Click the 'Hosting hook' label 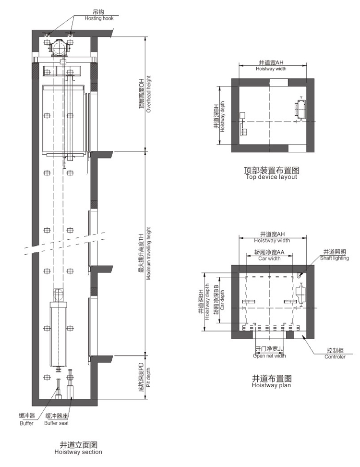click(x=99, y=18)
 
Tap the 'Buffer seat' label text click(x=56, y=423)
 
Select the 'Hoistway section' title click(x=78, y=452)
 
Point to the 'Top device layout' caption click(x=271, y=177)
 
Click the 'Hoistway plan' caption click(x=271, y=385)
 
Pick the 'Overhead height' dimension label click(x=148, y=94)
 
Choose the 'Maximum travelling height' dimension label click(x=148, y=254)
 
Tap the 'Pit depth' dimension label click(x=148, y=377)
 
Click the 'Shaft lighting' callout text click(x=335, y=258)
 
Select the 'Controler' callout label click(x=335, y=357)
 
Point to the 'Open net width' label click(x=269, y=356)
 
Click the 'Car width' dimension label click(x=269, y=258)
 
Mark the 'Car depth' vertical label click(x=222, y=300)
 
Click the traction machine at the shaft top click(x=60, y=47)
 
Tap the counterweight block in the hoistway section click(x=58, y=334)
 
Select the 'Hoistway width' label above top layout click(x=271, y=69)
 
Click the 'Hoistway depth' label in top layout click(x=223, y=117)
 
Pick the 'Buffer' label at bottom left click(x=26, y=423)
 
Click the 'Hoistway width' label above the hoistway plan click(x=272, y=241)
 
